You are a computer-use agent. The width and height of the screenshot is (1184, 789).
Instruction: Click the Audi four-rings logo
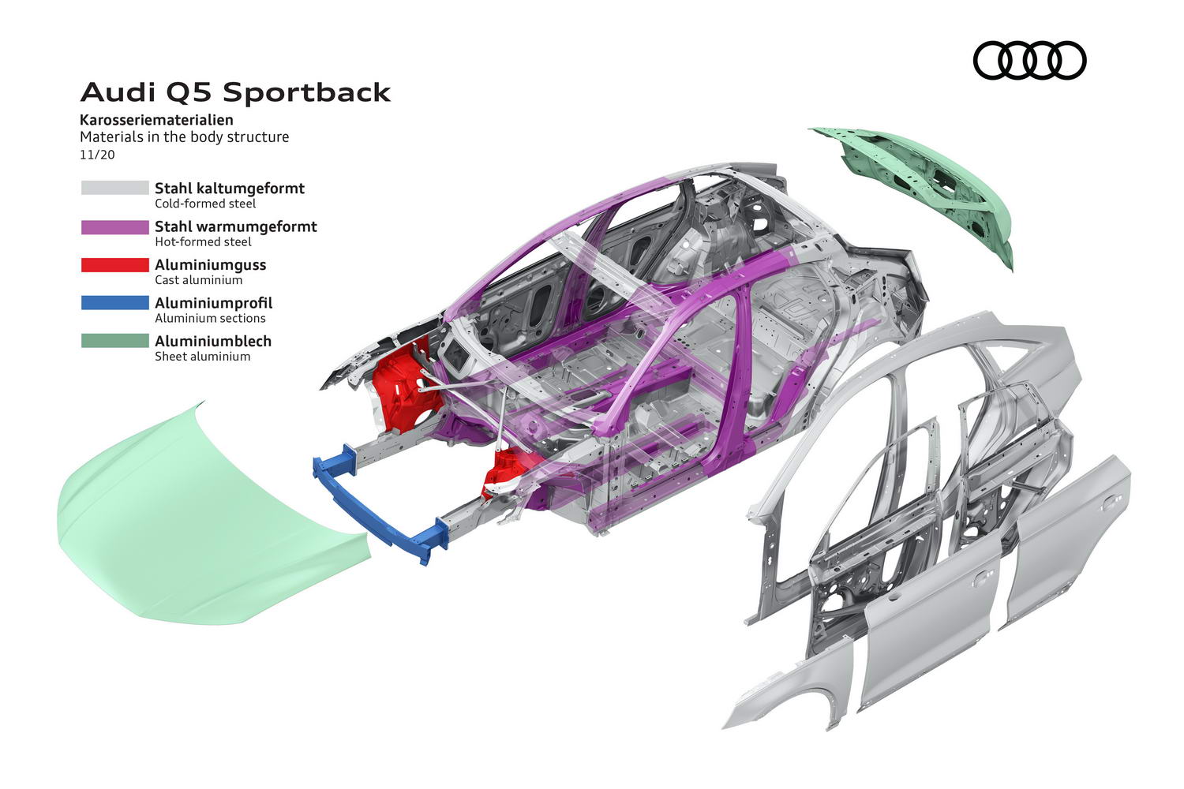click(1029, 60)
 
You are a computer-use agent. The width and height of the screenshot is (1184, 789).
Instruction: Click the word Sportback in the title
click(306, 92)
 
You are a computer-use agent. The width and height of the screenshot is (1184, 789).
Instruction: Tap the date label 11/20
click(97, 155)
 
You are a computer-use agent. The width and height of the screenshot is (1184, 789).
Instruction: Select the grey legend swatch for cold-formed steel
click(114, 188)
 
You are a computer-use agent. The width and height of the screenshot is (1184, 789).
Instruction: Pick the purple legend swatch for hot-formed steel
click(114, 226)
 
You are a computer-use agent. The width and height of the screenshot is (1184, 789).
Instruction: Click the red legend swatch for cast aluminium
click(114, 265)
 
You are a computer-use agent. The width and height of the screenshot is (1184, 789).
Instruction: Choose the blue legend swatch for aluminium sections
click(114, 303)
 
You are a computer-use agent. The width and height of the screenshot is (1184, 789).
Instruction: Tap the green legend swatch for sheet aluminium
click(114, 341)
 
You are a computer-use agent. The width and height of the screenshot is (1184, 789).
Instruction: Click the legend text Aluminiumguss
click(211, 265)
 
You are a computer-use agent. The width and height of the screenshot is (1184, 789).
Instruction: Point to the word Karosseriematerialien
click(156, 120)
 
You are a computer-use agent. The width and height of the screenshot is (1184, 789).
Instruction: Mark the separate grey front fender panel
click(792, 687)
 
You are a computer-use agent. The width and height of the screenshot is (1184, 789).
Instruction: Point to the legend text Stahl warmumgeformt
click(236, 226)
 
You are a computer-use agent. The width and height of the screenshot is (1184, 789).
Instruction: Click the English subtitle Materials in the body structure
click(185, 136)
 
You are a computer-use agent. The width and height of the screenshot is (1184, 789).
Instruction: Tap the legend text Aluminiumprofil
click(214, 303)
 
